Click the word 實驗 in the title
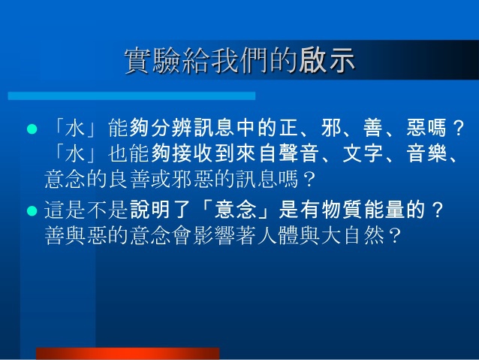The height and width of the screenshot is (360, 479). tap(152, 60)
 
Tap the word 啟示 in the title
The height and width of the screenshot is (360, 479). tap(327, 60)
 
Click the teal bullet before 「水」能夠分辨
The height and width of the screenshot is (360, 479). tap(32, 129)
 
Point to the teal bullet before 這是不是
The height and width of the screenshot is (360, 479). tap(32, 210)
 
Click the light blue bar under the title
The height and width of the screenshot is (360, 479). tap(131, 95)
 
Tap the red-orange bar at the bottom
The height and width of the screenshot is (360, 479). tap(128, 353)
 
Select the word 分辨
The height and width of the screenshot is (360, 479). tap(171, 128)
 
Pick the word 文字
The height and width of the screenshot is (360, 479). tap(363, 153)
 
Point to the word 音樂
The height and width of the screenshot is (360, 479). tap(426, 153)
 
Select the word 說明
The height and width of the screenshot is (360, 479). tap(150, 210)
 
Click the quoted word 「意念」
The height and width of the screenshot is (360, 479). tap(235, 210)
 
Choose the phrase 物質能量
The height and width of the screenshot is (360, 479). tap(363, 210)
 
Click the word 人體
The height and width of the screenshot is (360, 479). tap(278, 235)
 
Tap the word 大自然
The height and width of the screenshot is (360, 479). tap(352, 235)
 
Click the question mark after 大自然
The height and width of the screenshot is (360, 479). tap(394, 236)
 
